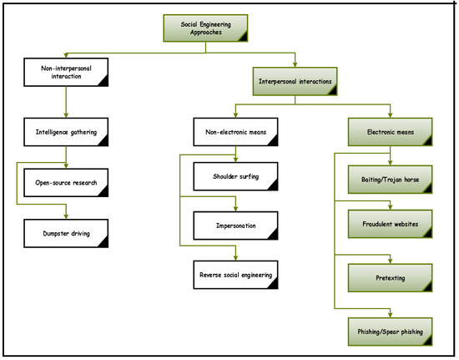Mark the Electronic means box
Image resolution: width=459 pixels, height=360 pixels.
(391, 131)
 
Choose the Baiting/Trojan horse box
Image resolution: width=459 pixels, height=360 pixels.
(391, 179)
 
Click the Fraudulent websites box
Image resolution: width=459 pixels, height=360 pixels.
(391, 225)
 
